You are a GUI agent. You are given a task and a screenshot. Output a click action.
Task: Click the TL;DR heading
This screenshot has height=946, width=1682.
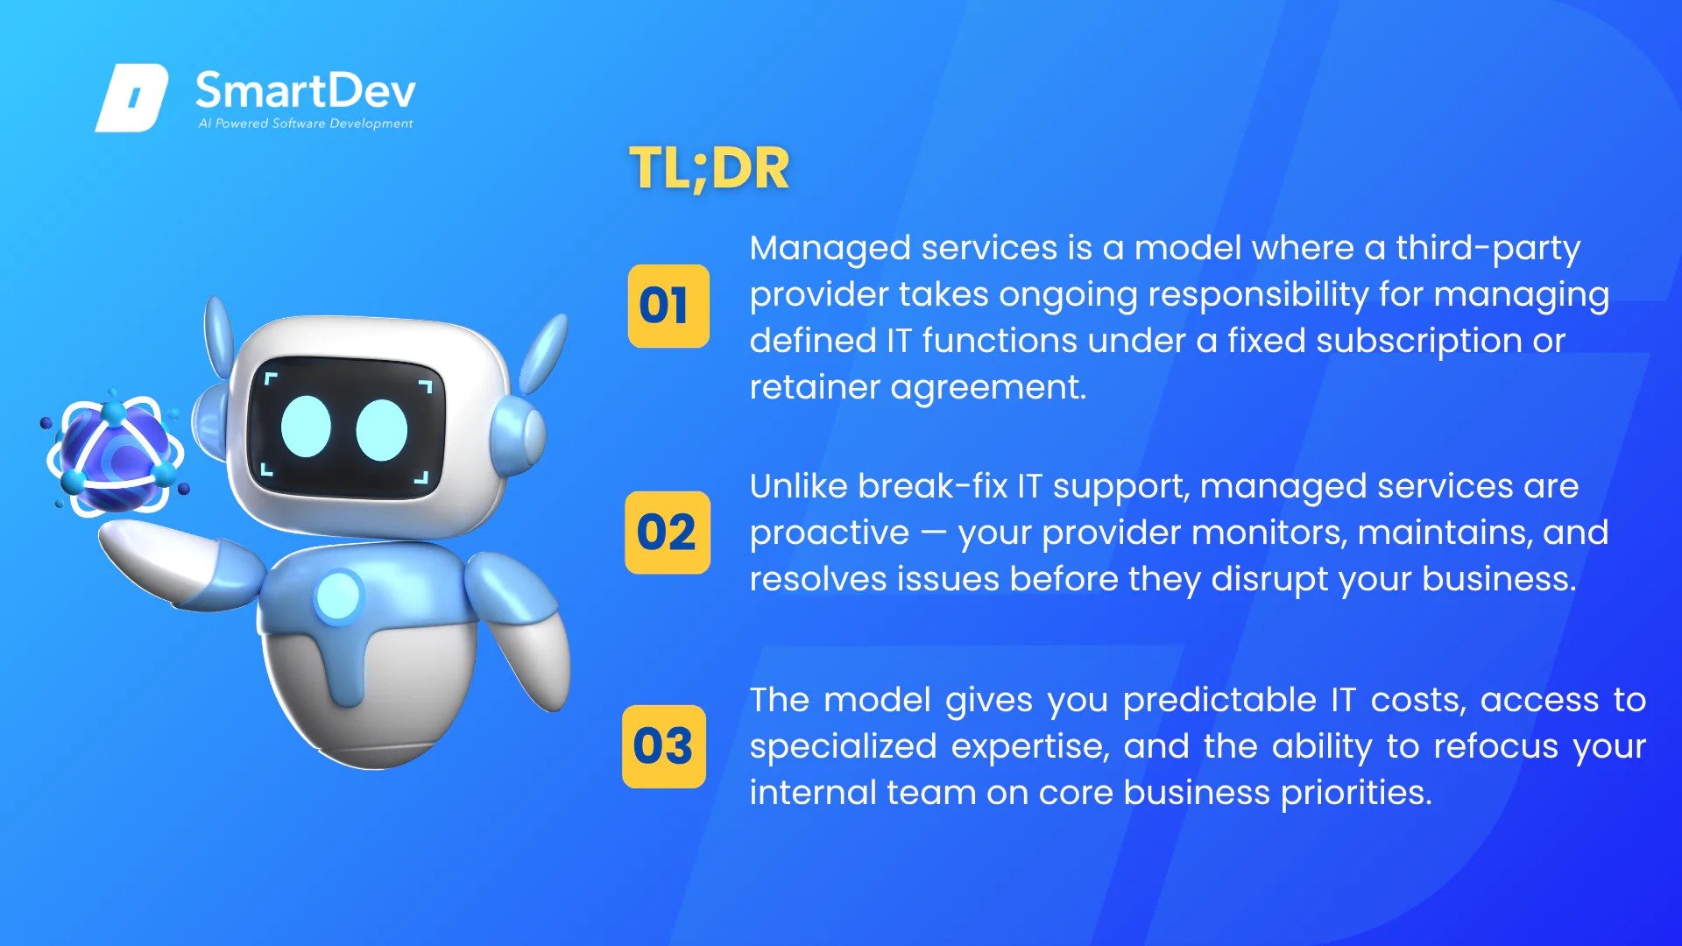[710, 168]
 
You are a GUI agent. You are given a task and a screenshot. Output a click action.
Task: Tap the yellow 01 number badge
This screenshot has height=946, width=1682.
[668, 306]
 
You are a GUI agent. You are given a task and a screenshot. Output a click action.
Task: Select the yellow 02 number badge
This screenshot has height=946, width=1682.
[668, 533]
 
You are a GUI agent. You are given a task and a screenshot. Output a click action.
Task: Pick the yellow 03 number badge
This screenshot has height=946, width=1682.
[664, 746]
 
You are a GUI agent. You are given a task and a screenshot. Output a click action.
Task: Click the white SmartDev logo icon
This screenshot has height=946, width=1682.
[131, 97]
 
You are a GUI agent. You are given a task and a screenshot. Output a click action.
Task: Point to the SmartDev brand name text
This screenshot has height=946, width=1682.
[305, 90]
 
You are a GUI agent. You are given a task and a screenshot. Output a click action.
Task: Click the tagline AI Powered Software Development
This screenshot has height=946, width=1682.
[306, 124]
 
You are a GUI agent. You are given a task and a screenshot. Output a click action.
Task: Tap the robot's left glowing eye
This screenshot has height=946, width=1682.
[306, 427]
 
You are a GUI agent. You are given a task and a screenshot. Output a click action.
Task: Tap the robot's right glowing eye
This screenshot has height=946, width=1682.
[382, 430]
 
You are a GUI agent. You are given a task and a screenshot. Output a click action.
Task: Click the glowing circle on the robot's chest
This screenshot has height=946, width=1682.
[338, 597]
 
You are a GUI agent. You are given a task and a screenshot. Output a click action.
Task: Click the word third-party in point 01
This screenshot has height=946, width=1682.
[1488, 249]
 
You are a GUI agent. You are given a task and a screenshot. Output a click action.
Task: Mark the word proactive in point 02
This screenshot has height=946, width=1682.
[830, 533]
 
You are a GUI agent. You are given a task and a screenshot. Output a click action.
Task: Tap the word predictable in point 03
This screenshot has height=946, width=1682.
[1219, 700]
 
